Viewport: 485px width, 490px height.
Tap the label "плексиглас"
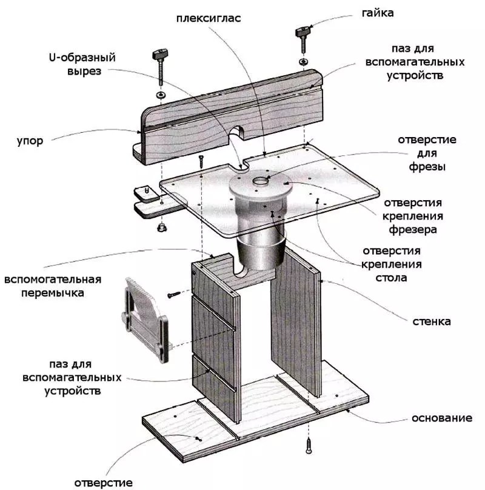(x=209, y=18)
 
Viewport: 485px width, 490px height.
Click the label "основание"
(x=441, y=418)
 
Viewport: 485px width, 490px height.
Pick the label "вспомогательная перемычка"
(x=52, y=286)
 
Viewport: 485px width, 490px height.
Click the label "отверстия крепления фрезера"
(x=419, y=216)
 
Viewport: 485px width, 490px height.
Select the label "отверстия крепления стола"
(x=391, y=264)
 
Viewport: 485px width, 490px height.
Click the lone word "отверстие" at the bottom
(x=103, y=483)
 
